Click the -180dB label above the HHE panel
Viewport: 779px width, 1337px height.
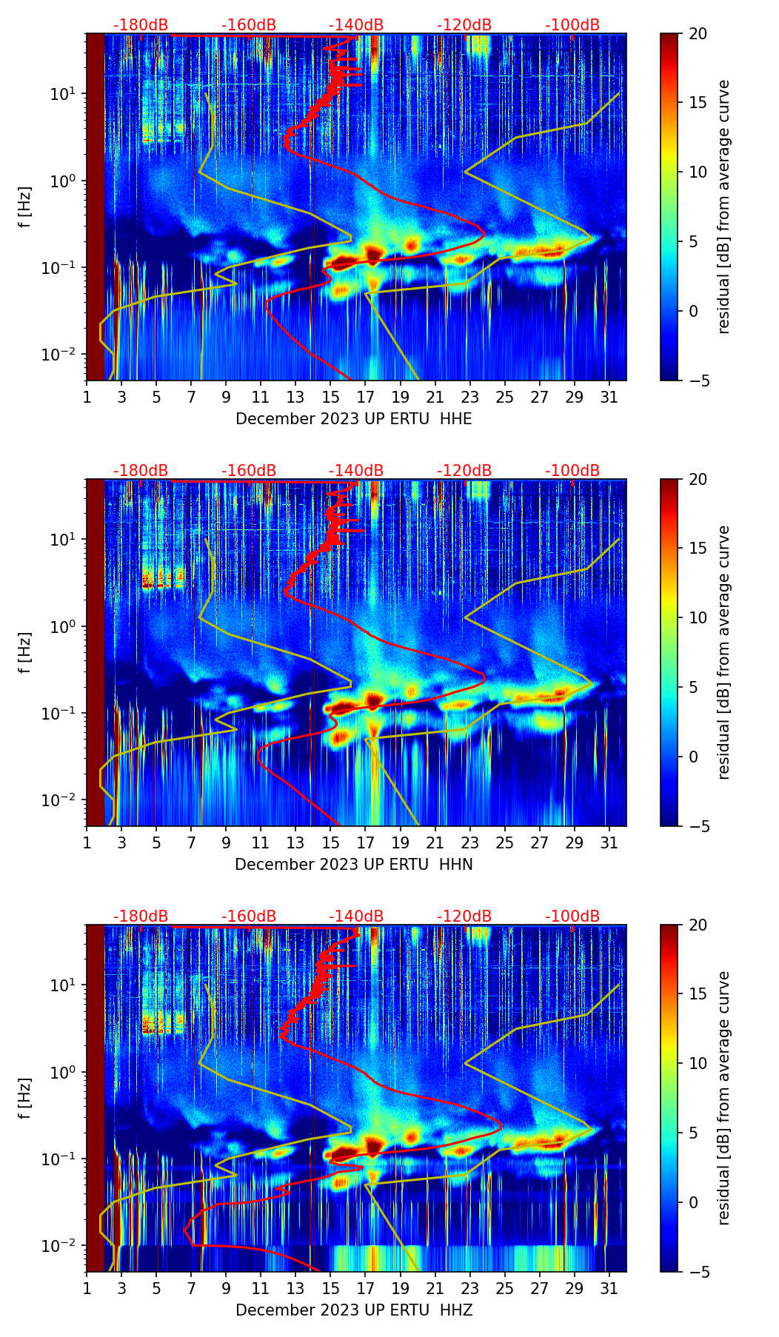click(141, 25)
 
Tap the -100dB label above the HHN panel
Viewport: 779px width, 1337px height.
click(572, 471)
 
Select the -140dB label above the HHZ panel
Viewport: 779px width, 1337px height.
click(356, 917)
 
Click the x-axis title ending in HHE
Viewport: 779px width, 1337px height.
click(354, 419)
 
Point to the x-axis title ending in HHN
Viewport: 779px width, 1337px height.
click(354, 865)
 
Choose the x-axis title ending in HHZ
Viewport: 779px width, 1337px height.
click(354, 1310)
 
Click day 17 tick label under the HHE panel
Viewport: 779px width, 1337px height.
click(366, 397)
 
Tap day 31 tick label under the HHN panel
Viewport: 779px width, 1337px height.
click(609, 842)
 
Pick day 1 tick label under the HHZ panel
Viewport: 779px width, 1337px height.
click(87, 1288)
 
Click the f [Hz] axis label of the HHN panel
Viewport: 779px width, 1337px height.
click(25, 652)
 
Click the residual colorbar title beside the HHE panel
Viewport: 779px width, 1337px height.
click(723, 207)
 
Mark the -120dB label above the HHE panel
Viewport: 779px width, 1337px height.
click(464, 25)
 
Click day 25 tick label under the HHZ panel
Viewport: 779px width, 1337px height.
click(504, 1288)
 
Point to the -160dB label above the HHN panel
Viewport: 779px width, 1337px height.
click(249, 471)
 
